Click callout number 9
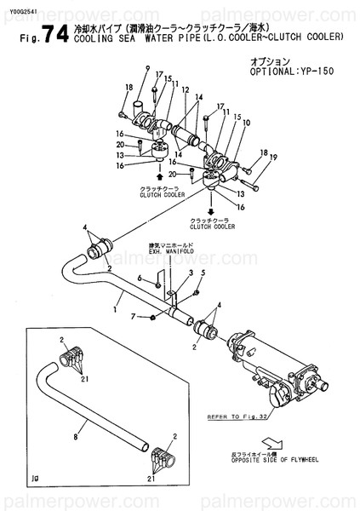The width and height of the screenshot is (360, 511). [x=147, y=68]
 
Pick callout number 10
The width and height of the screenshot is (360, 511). [x=246, y=123]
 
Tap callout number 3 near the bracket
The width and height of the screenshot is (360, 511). [x=191, y=273]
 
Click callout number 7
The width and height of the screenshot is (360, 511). [x=134, y=317]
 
